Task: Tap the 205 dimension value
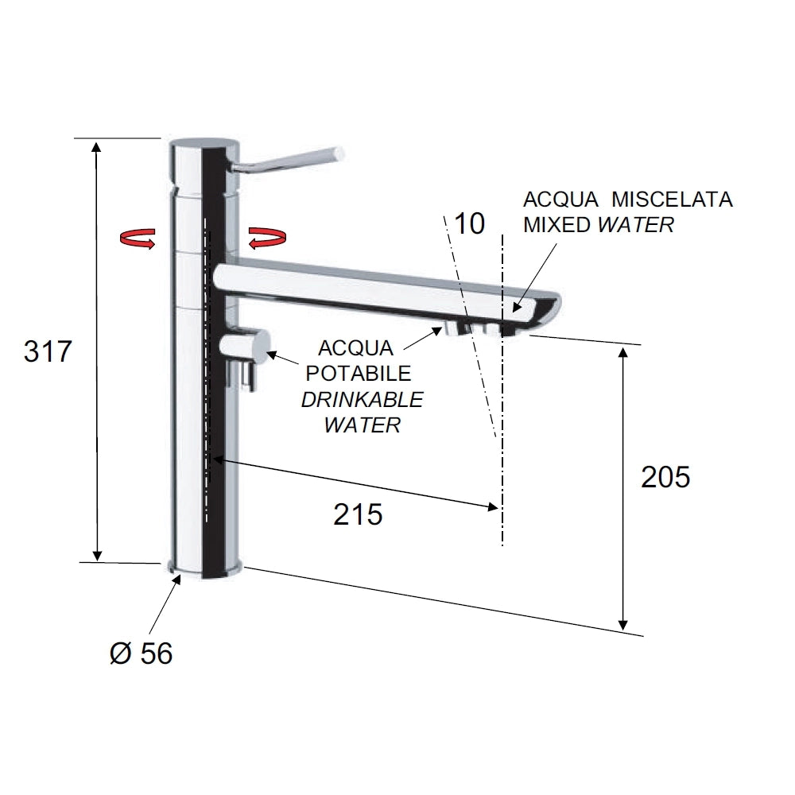point(665,477)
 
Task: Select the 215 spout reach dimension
point(358,514)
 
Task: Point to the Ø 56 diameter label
point(142,653)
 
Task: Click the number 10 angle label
point(470,223)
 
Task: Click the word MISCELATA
point(672,200)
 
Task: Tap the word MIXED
point(556,225)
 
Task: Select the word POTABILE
point(358,374)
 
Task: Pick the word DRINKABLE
point(362,400)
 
